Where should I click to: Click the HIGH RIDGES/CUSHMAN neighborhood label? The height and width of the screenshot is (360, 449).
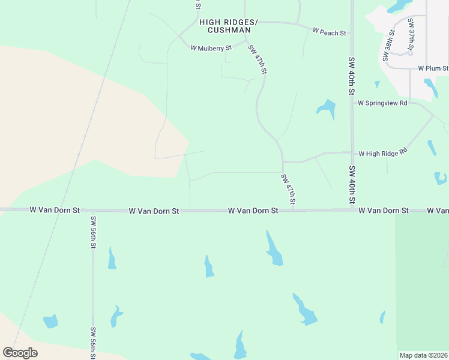228,26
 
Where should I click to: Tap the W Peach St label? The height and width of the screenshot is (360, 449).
330,31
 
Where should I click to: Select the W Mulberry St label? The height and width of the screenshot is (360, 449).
211,47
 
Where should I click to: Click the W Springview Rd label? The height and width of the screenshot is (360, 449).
382,103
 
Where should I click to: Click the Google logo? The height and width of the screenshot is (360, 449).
20,353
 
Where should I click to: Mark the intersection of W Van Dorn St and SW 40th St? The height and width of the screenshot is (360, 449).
352,210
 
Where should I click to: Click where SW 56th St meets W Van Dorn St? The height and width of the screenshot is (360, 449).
92,210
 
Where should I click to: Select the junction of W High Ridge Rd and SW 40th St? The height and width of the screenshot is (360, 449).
352,152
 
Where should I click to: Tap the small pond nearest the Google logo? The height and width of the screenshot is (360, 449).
50,321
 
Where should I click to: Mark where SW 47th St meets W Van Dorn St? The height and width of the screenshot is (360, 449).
283,210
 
